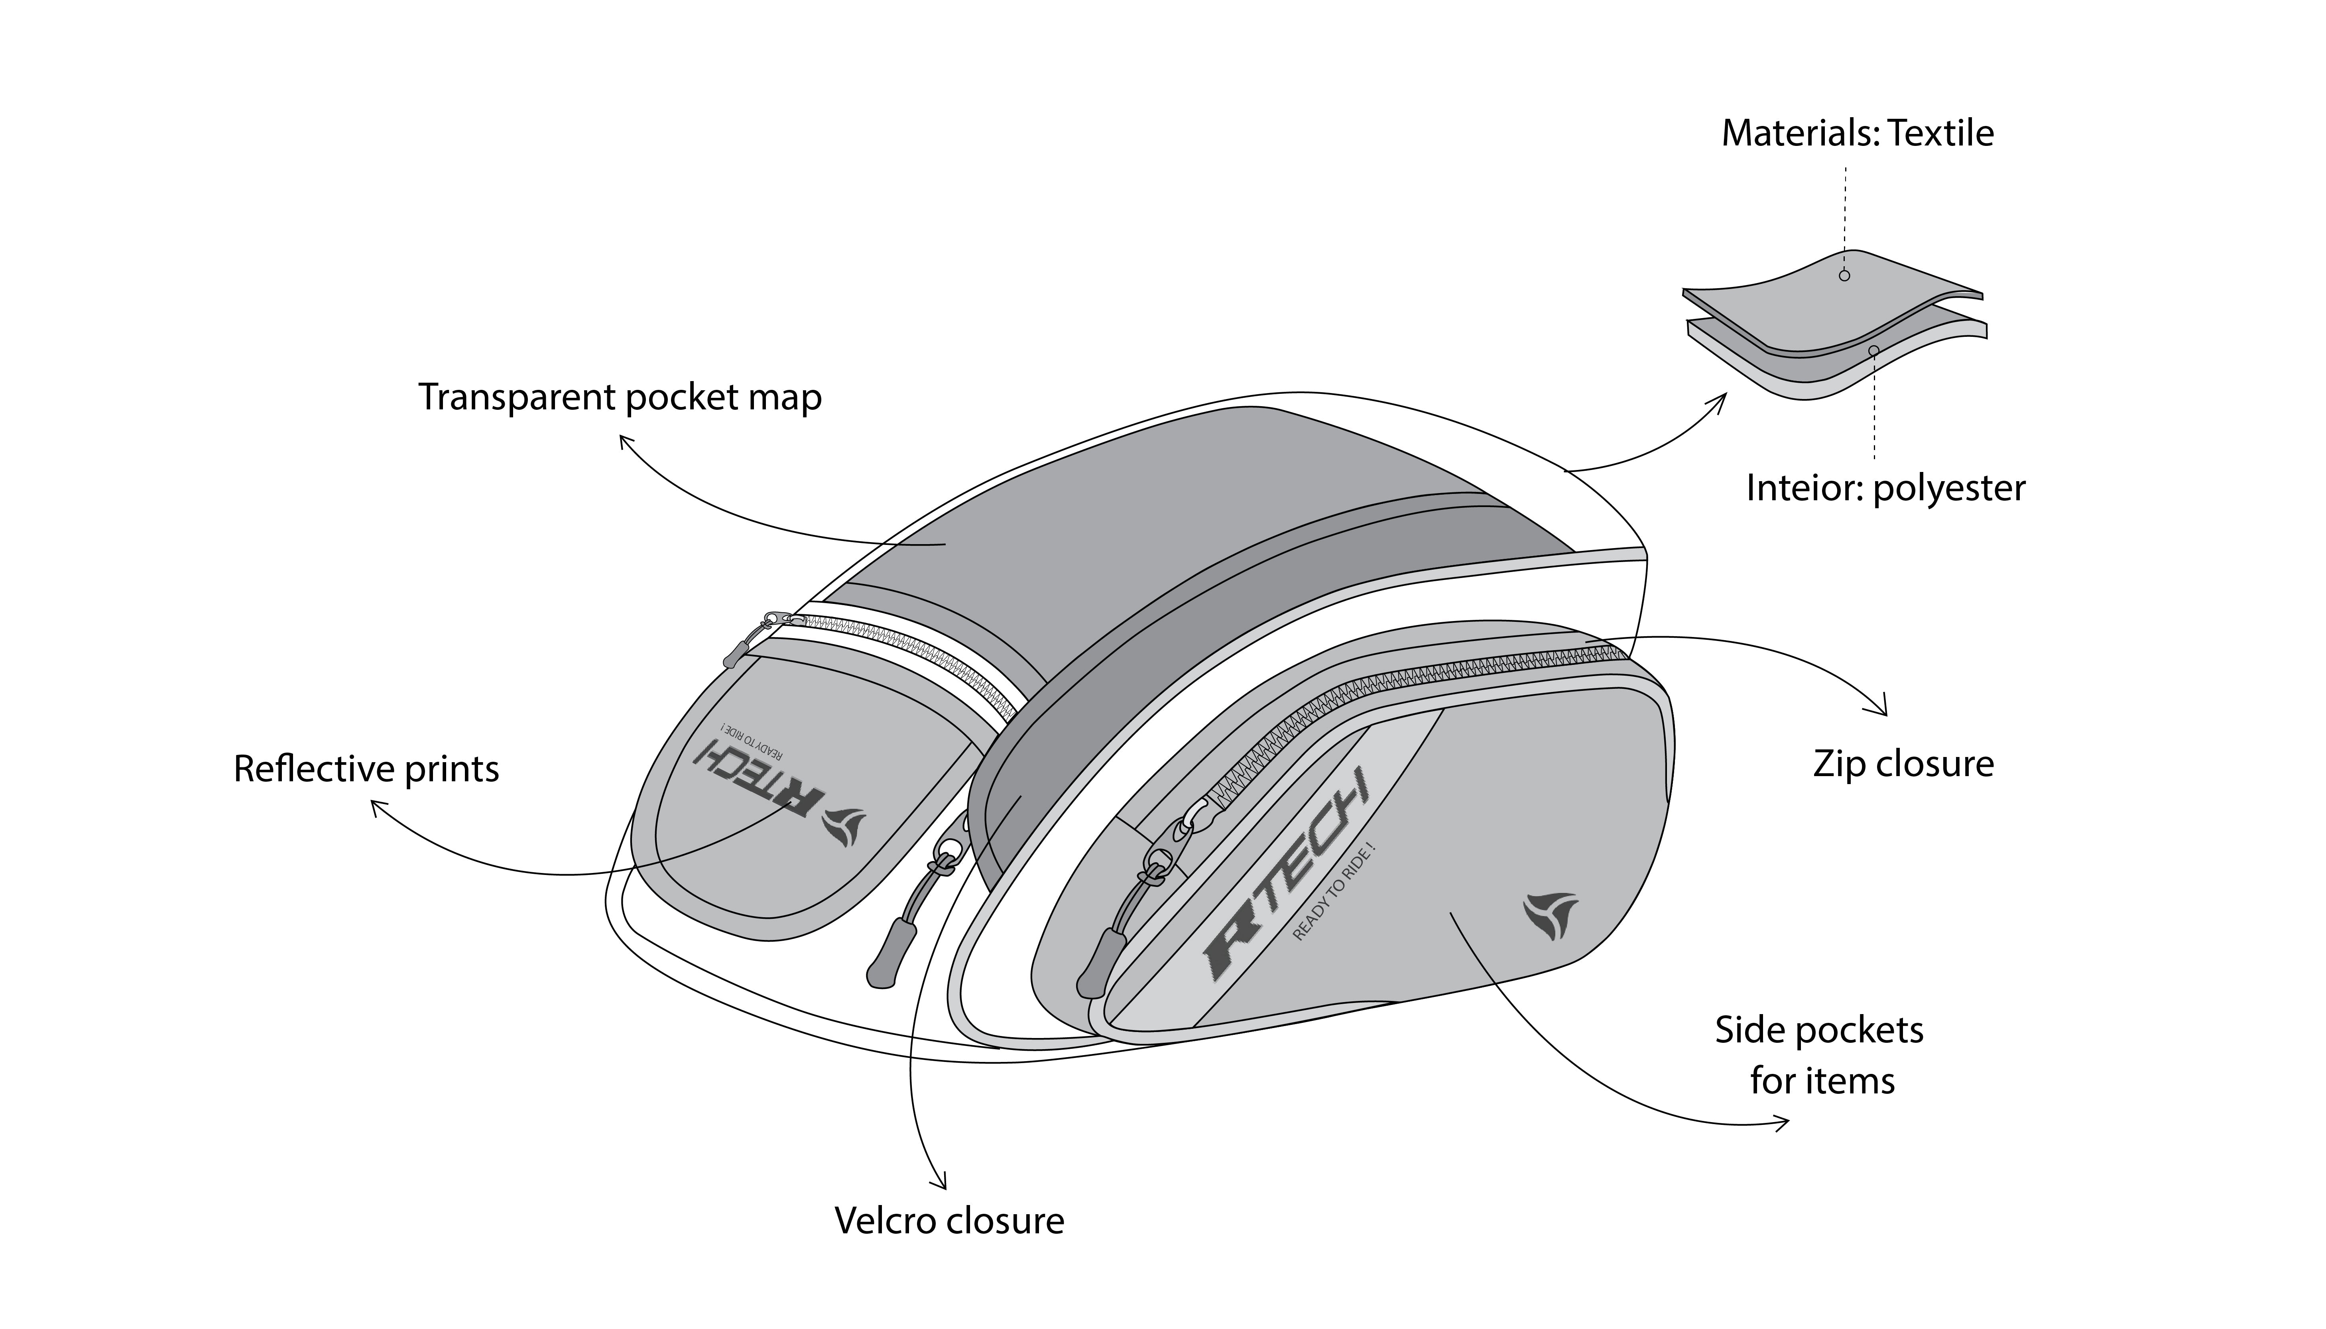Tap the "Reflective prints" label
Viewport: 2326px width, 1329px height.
click(x=366, y=769)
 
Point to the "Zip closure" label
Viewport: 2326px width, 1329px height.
click(x=1903, y=764)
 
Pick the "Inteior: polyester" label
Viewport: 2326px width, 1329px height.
click(x=1885, y=488)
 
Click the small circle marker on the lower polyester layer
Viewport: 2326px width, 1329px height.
click(x=1873, y=350)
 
